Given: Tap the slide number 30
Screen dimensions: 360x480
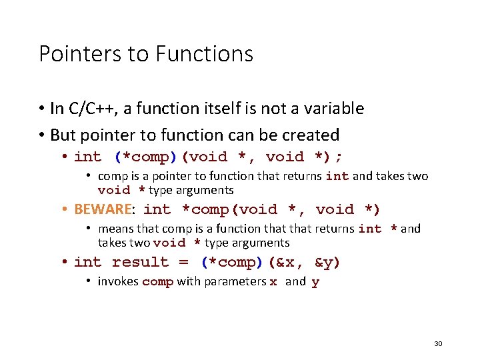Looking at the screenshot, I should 438,343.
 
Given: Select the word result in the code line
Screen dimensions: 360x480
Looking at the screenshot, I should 140,262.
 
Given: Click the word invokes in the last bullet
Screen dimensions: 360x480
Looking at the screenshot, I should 118,281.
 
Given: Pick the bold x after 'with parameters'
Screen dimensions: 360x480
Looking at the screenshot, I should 273,281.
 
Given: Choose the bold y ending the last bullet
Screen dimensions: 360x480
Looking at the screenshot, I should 315,281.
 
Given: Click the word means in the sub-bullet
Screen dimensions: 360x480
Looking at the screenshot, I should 114,229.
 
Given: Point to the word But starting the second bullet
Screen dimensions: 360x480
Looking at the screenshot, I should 63,135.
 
